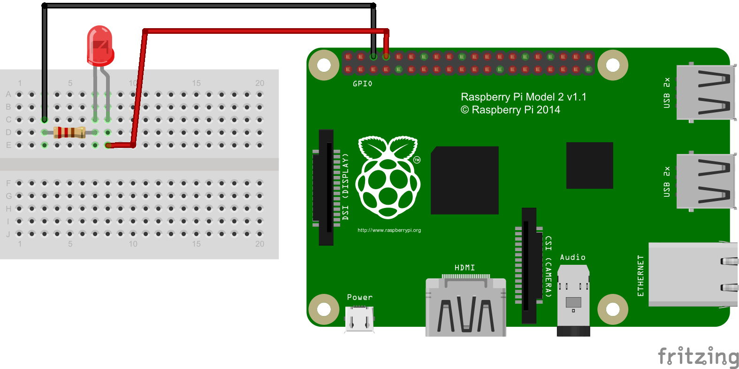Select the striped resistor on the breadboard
click(x=69, y=132)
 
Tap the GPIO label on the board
click(x=362, y=84)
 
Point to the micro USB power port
click(x=359, y=319)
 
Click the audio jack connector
click(x=573, y=300)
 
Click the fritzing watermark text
click(x=698, y=357)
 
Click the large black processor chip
click(x=465, y=180)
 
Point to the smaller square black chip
click(x=589, y=165)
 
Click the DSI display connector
click(x=326, y=187)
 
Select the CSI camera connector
click(x=529, y=265)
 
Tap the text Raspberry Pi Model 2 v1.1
click(x=523, y=97)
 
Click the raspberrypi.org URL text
click(x=389, y=231)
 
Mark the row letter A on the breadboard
click(x=8, y=94)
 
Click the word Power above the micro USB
click(x=359, y=297)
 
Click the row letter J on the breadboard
click(x=8, y=234)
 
